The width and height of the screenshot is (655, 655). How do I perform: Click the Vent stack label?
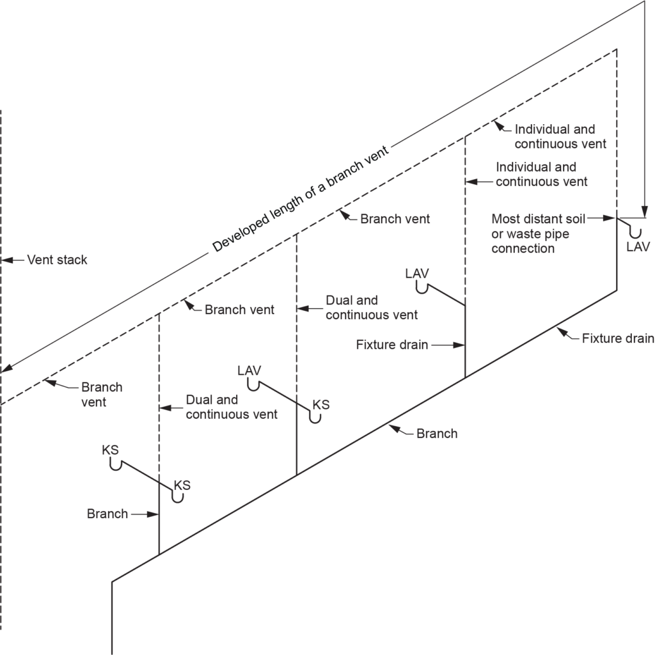[57, 260]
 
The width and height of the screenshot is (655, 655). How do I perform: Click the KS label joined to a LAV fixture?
[321, 405]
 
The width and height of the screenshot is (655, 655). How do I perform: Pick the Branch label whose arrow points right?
[107, 514]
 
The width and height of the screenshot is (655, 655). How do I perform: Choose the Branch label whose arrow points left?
[437, 434]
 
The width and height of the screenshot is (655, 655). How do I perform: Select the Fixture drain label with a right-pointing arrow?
[391, 345]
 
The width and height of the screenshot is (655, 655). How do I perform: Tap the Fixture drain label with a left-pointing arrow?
[618, 338]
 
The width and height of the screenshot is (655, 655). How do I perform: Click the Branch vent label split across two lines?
[102, 395]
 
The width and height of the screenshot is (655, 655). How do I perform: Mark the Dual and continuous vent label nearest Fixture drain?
[372, 308]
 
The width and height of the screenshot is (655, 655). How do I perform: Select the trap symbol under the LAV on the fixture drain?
[422, 288]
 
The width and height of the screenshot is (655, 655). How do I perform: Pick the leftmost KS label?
[111, 450]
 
